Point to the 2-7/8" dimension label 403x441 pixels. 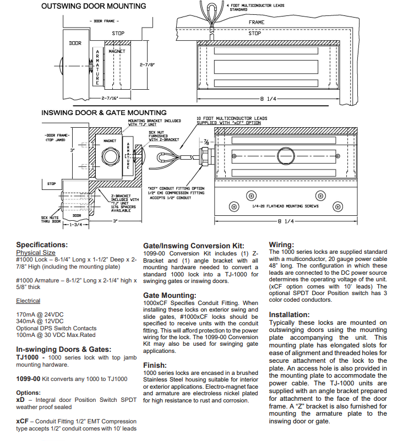(x=146, y=65)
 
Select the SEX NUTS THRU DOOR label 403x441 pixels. (x=51, y=219)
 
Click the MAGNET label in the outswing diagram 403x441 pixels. (x=117, y=51)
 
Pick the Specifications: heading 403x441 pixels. (x=42, y=244)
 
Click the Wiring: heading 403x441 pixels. (x=281, y=244)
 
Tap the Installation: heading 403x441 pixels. (x=290, y=315)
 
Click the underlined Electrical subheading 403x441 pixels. (x=28, y=301)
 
